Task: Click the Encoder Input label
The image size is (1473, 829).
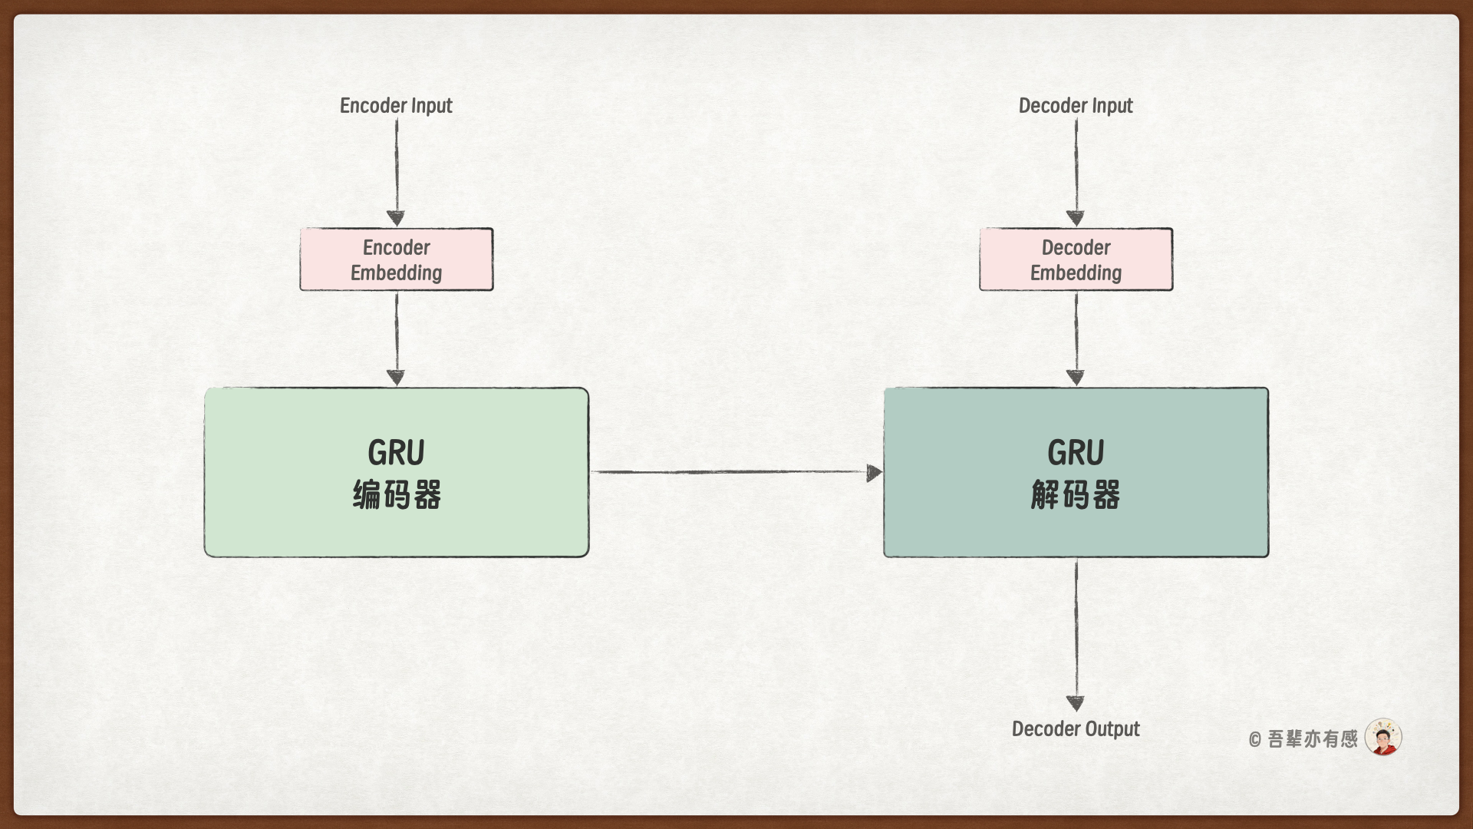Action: click(x=396, y=106)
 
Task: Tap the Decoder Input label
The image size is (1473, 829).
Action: click(x=1075, y=106)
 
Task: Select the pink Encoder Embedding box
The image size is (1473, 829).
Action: click(x=396, y=259)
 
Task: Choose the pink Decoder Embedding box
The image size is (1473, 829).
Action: click(x=1076, y=259)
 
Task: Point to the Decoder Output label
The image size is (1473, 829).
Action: click(x=1075, y=728)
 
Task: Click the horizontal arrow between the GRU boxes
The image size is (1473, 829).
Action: click(x=729, y=472)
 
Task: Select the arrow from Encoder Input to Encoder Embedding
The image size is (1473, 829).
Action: click(x=396, y=169)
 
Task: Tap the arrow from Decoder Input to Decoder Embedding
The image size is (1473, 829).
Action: click(x=1076, y=169)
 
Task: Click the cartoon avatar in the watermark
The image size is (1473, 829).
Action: click(x=1383, y=738)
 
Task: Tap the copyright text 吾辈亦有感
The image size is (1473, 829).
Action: click(x=1311, y=739)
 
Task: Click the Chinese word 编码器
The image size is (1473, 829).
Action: click(x=397, y=495)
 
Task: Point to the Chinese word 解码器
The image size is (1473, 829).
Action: click(x=1075, y=495)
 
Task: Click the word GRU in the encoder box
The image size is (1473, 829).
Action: click(x=396, y=453)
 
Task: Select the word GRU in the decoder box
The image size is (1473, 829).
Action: click(x=1076, y=453)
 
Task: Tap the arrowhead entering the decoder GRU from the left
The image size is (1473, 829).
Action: click(x=874, y=473)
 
